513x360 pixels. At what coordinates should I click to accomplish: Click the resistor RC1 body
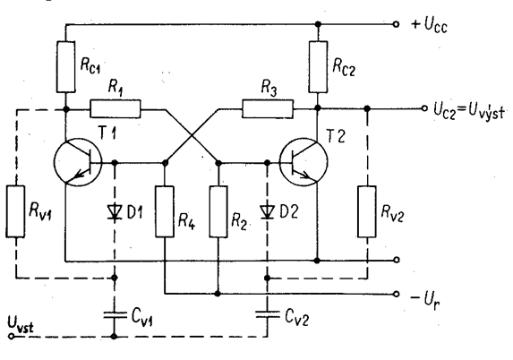65,67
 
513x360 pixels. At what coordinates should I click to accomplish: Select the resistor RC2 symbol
318,67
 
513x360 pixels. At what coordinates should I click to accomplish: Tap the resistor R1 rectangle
115,109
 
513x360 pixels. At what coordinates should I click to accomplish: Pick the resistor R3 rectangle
268,109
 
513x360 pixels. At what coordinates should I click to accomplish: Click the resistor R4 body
165,211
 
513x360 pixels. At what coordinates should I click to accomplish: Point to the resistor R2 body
218,211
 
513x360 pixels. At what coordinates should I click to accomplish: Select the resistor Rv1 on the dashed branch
15,211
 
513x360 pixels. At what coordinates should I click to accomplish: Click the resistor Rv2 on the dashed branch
367,211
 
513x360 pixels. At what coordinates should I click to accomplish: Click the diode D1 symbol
115,212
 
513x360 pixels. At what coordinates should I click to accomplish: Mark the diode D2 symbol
268,212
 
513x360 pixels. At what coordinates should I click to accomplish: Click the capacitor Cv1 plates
115,315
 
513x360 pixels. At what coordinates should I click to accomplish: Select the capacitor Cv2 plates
268,315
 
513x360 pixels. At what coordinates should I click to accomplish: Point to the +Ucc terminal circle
396,24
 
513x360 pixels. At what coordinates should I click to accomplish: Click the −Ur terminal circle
396,294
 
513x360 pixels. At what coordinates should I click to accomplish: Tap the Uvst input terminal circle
11,336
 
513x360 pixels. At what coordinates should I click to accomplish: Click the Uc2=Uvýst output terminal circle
424,108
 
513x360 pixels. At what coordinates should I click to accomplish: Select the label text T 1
107,133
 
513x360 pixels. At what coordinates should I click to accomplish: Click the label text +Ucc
429,25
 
